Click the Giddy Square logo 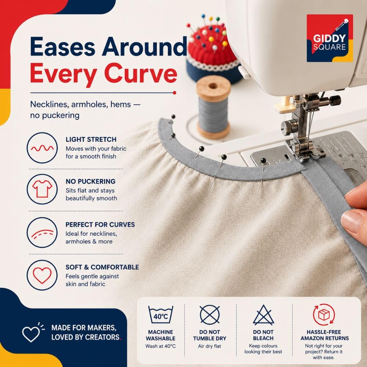(330, 38)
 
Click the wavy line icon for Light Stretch (42, 148)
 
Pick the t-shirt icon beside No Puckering (42, 189)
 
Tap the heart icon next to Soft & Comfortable (42, 276)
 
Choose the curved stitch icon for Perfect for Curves (42, 233)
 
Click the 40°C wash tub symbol (161, 315)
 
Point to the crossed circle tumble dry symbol (210, 315)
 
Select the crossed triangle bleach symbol (263, 315)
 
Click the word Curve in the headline (141, 73)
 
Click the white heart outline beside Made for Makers (31, 334)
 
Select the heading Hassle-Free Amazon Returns (325, 335)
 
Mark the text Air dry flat (210, 346)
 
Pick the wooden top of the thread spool (213, 86)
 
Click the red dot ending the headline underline (174, 93)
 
